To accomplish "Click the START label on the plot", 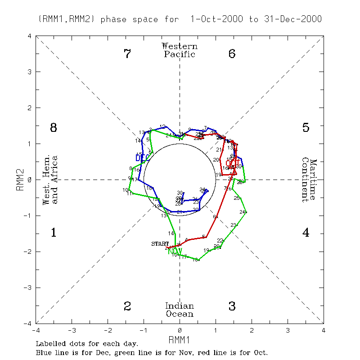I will [x=160, y=243].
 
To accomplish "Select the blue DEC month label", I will [x=142, y=157].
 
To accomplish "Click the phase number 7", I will [x=127, y=54].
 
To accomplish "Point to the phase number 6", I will [x=232, y=54].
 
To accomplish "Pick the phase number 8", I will [x=53, y=128].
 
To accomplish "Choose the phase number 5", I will [x=306, y=128].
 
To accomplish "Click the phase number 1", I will [x=53, y=233].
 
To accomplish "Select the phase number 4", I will [x=306, y=233].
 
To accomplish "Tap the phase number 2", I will [x=127, y=306].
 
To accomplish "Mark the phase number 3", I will [x=232, y=306].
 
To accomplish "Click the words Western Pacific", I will [x=180, y=50].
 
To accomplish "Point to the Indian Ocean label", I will [x=180, y=310].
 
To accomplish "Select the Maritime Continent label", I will [x=309, y=180].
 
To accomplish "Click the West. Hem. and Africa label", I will [x=50, y=180].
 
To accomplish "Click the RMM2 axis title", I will [x=20, y=180].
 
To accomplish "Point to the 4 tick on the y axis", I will [x=29, y=36].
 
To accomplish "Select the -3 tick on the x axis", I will [x=71, y=330].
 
